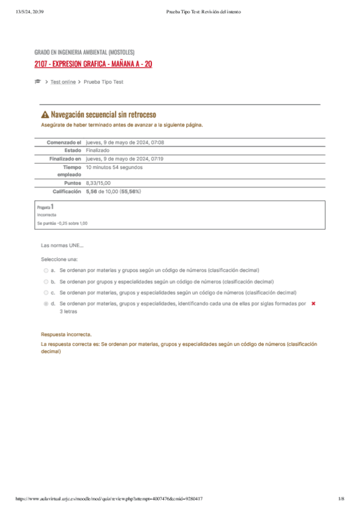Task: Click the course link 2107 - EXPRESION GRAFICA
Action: [x=93, y=64]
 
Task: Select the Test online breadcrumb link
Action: [x=63, y=82]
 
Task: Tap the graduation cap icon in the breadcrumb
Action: [x=37, y=82]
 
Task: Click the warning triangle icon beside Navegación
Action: [x=45, y=114]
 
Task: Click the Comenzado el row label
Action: [x=63, y=142]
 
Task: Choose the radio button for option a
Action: [x=46, y=271]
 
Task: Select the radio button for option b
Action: [x=46, y=281]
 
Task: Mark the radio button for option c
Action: [x=46, y=292]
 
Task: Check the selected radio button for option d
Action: [x=46, y=304]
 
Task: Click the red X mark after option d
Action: [x=313, y=304]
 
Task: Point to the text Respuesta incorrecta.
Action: [x=66, y=334]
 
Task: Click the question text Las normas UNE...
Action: [x=62, y=245]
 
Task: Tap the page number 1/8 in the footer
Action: [x=341, y=499]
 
